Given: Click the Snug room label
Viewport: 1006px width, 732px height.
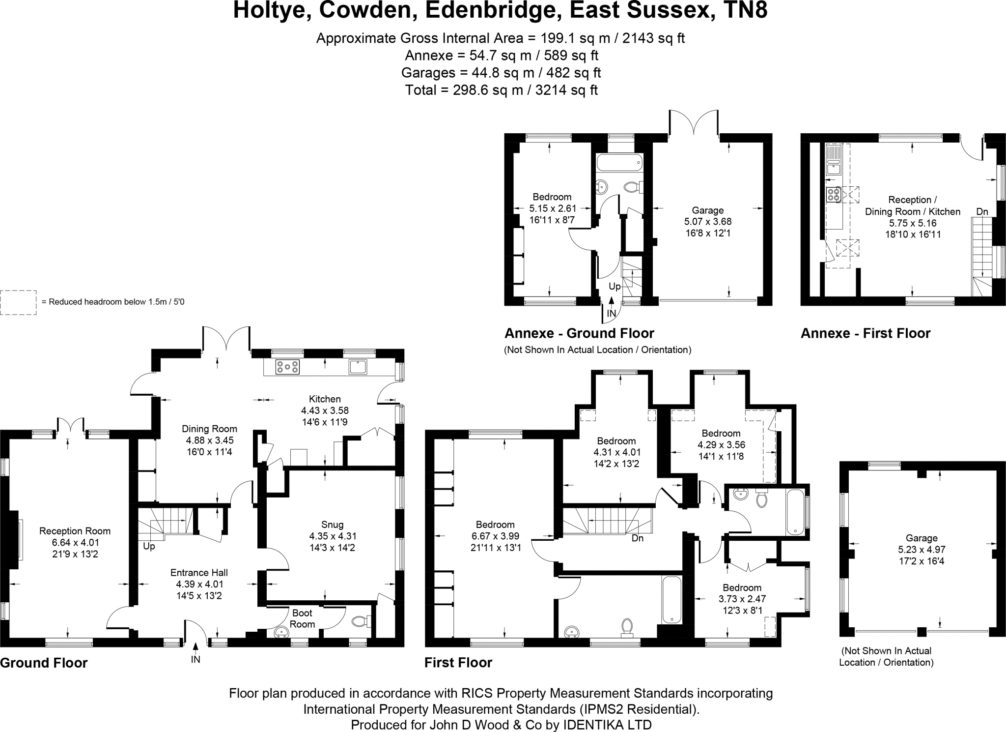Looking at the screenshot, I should pyautogui.click(x=333, y=525).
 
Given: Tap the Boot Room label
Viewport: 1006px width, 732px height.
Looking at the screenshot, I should pyautogui.click(x=302, y=618).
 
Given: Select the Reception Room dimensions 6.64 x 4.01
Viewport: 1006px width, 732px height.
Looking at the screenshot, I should pyautogui.click(x=75, y=542).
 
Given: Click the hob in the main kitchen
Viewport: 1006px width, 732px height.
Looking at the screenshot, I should pyautogui.click(x=287, y=367).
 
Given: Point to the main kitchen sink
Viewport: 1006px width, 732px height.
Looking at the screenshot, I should pyautogui.click(x=358, y=367).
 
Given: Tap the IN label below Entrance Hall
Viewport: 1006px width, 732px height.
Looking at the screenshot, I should pyautogui.click(x=196, y=659).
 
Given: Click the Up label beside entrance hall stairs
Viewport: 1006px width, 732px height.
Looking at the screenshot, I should pyautogui.click(x=149, y=546).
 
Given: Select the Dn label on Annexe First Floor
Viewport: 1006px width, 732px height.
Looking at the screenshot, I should pyautogui.click(x=982, y=212).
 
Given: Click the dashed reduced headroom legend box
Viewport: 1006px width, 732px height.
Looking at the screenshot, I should pyautogui.click(x=18, y=302).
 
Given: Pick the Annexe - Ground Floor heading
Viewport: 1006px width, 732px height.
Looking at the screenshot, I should pyautogui.click(x=579, y=333).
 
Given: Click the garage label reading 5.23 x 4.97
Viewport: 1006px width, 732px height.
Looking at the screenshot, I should pyautogui.click(x=922, y=550).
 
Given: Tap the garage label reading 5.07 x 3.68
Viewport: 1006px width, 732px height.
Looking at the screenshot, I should pyautogui.click(x=708, y=221).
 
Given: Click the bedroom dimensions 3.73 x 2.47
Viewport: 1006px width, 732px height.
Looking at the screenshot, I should pyautogui.click(x=742, y=599).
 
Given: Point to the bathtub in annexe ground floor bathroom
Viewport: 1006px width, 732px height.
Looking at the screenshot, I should pyautogui.click(x=619, y=162).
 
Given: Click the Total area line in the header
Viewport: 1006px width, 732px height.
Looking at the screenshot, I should pyautogui.click(x=501, y=90).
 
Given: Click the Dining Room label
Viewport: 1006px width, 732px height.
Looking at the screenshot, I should pyautogui.click(x=209, y=429).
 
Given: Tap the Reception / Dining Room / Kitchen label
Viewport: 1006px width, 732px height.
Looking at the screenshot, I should pyautogui.click(x=912, y=205).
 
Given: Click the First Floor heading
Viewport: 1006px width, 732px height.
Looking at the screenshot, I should pyautogui.click(x=458, y=662).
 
